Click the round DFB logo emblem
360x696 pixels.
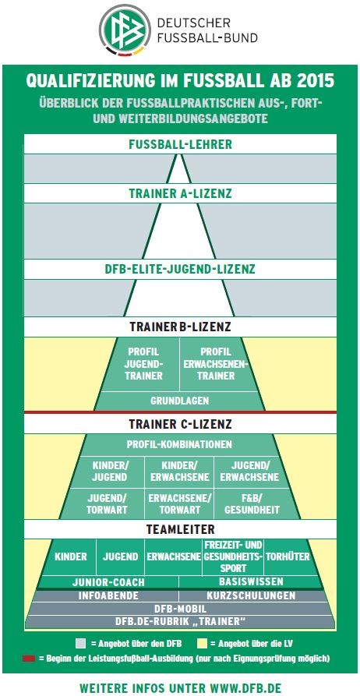[x=125, y=30]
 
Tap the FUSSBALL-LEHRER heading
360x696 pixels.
[x=180, y=144]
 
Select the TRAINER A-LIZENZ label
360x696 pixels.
[x=180, y=193]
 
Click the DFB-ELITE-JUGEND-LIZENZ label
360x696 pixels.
[x=180, y=270]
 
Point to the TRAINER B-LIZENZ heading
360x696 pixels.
[x=180, y=327]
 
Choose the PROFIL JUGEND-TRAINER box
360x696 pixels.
[x=145, y=364]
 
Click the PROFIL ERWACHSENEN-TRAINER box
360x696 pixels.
[x=216, y=364]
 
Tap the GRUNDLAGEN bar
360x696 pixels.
[x=180, y=401]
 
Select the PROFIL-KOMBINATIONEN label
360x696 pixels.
[x=179, y=444]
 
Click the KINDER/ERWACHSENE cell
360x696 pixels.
[x=179, y=472]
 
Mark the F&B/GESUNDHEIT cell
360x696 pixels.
[x=252, y=504]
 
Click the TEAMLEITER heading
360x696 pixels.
[x=180, y=529]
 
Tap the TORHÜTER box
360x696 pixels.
[x=288, y=556]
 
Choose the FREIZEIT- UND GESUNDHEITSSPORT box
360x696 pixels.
[x=233, y=556]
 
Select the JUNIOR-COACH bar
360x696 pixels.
[x=109, y=582]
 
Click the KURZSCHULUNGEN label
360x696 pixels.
[x=251, y=595]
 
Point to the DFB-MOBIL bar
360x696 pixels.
[x=180, y=609]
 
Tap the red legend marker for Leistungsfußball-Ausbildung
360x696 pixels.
[x=28, y=659]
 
